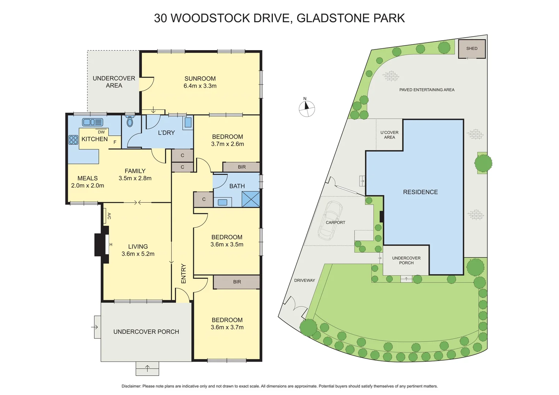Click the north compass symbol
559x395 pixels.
(307, 108)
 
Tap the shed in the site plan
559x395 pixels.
(472, 49)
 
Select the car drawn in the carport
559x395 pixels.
(330, 220)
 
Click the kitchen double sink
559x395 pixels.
(93, 122)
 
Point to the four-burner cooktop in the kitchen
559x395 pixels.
(73, 140)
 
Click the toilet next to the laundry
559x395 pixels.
(130, 121)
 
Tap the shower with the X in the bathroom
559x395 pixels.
(251, 199)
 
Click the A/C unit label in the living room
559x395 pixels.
(109, 216)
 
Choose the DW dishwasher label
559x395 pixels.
(101, 132)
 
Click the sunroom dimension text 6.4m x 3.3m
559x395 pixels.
(200, 86)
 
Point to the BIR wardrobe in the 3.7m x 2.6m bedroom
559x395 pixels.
(241, 167)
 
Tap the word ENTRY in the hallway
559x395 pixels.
(184, 274)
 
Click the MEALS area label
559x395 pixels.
(87, 178)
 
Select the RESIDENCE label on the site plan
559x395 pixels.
(420, 192)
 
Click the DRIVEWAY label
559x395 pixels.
(304, 281)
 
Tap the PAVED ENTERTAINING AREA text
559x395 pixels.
(427, 90)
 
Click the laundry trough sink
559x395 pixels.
(188, 122)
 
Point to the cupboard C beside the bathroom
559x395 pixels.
(203, 199)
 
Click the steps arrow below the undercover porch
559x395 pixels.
(147, 368)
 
